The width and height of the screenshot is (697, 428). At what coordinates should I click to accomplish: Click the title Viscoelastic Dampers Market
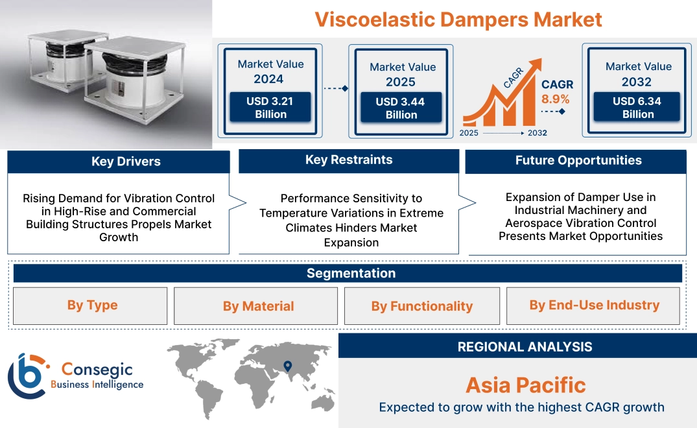click(458, 19)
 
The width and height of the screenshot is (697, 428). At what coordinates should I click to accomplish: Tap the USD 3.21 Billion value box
click(270, 107)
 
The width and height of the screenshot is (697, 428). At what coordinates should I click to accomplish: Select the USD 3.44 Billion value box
click(401, 108)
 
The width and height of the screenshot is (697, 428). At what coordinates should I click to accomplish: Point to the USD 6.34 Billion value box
click(637, 107)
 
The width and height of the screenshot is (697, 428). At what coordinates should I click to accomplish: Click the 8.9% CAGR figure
click(555, 99)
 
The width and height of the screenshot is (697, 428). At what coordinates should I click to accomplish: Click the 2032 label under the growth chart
click(538, 133)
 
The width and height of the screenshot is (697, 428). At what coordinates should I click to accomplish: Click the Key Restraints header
click(349, 160)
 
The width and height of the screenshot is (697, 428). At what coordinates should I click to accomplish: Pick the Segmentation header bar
click(348, 273)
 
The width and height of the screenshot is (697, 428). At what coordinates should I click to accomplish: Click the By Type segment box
click(90, 306)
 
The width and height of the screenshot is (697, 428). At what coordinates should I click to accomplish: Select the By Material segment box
click(255, 306)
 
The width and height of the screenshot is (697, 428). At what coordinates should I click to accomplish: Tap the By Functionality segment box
click(422, 306)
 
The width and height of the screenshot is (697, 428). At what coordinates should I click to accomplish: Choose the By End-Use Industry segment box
click(593, 306)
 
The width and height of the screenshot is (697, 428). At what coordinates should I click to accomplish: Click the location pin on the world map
click(288, 366)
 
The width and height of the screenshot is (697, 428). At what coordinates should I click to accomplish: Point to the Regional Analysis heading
click(525, 347)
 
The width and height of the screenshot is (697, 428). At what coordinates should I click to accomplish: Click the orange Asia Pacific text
click(526, 385)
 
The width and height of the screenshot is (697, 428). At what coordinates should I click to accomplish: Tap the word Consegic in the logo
click(97, 370)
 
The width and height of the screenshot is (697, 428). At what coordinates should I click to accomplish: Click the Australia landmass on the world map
click(323, 403)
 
